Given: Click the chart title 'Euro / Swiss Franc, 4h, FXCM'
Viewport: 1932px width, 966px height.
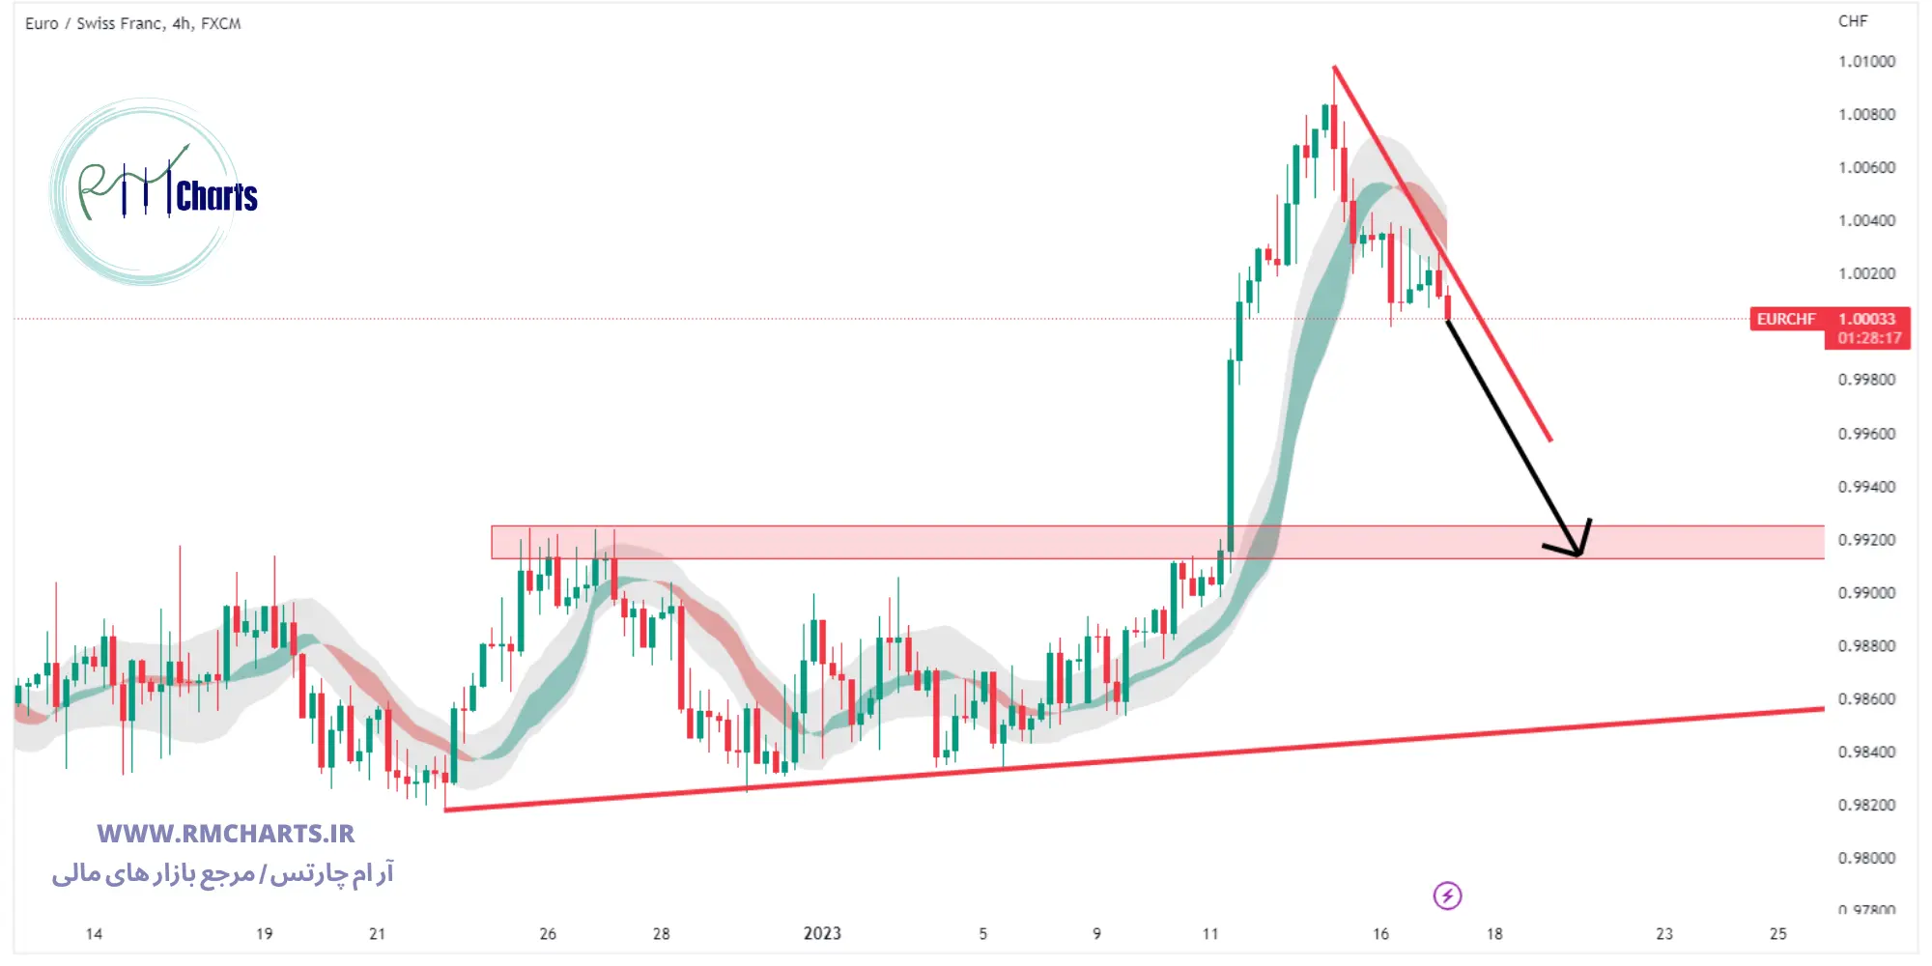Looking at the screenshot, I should pyautogui.click(x=133, y=23).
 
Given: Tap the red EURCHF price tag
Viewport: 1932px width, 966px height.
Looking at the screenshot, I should pyautogui.click(x=1786, y=319).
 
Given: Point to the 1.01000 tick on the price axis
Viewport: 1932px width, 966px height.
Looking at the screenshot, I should pyautogui.click(x=1866, y=62).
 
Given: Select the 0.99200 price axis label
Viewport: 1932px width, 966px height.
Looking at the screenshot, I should pyautogui.click(x=1866, y=540).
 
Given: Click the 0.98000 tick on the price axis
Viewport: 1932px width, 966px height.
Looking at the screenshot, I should pyautogui.click(x=1866, y=858).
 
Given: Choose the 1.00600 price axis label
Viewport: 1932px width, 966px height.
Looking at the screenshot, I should pyautogui.click(x=1866, y=168).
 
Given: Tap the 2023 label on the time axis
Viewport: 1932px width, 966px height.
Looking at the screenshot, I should pyautogui.click(x=822, y=933).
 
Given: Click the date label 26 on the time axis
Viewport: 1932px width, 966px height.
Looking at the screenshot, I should pyautogui.click(x=548, y=934).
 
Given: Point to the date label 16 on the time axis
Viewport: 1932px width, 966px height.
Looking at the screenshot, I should pyautogui.click(x=1380, y=934).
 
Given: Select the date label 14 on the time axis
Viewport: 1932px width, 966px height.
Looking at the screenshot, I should pyautogui.click(x=94, y=934).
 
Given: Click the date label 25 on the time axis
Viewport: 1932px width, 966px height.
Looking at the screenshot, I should pyautogui.click(x=1777, y=934).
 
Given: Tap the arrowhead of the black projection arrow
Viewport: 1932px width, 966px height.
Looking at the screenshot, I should pyautogui.click(x=1577, y=553).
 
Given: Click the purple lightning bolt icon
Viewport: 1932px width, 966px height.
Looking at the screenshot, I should pyautogui.click(x=1447, y=895).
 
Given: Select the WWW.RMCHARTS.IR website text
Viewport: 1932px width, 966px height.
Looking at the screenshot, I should pyautogui.click(x=226, y=834).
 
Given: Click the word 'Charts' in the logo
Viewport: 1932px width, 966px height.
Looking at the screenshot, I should pyautogui.click(x=216, y=196).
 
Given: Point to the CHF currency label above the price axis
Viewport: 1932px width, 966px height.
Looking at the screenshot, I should pyautogui.click(x=1853, y=21).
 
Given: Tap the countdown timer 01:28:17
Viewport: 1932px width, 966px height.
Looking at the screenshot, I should pyautogui.click(x=1869, y=338).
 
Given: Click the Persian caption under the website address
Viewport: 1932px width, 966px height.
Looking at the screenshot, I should pyautogui.click(x=223, y=874).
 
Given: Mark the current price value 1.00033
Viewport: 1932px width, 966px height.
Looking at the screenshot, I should pyautogui.click(x=1866, y=319).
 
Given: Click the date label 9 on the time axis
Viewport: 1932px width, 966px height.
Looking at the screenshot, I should pyautogui.click(x=1096, y=934).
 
